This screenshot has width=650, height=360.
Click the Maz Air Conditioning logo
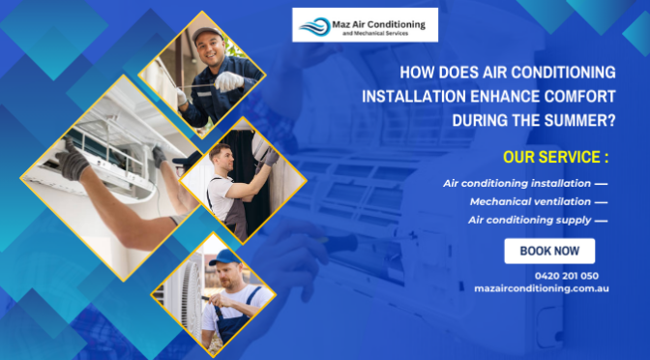366,24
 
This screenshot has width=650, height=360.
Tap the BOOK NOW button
549,251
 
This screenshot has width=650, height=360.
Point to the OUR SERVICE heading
555,157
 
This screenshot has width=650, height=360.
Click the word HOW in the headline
417,72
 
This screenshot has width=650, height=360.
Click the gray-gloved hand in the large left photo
74,159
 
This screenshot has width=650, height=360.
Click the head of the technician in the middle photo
222,156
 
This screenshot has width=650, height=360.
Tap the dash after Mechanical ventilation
601,201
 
